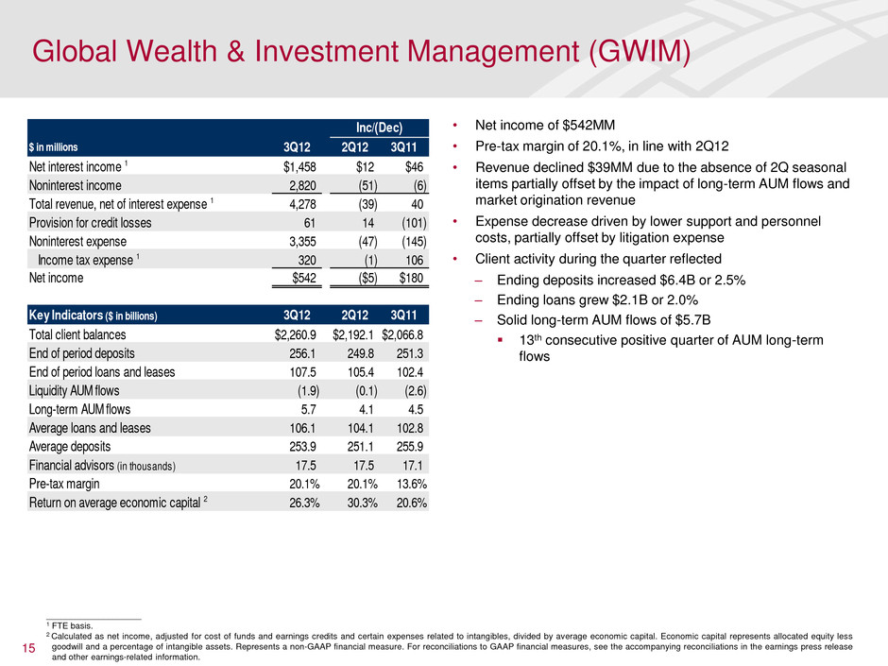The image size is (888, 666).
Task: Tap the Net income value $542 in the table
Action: coord(305,278)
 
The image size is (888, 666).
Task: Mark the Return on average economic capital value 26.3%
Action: coord(303,502)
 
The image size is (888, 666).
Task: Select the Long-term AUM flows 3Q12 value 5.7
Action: coord(310,408)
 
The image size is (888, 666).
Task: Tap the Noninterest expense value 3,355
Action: coord(304,241)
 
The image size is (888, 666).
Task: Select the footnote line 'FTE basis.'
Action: coord(72,624)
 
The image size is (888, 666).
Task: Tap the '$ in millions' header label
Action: coord(65,147)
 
